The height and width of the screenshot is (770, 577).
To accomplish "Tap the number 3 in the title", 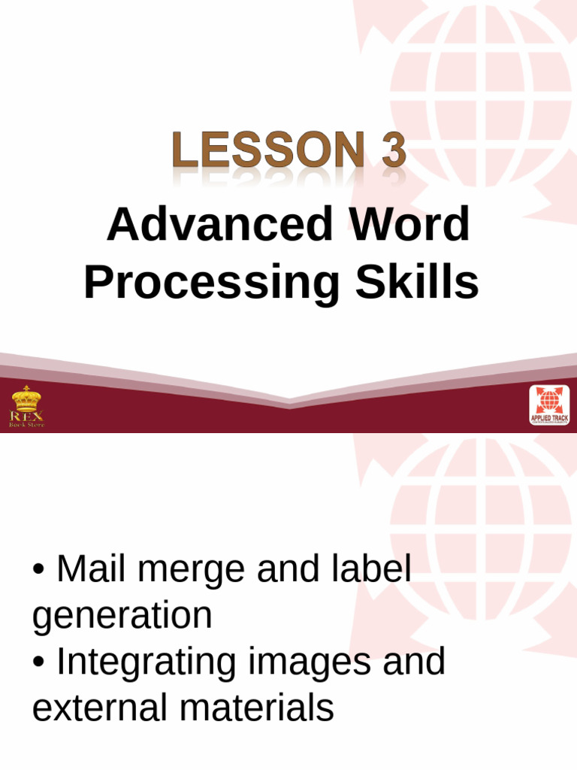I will pos(393,150).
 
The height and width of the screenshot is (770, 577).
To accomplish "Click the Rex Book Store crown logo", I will pos(26,407).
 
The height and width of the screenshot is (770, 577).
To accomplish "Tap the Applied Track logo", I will pos(549,405).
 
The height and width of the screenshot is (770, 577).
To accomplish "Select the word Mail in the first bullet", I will pos(93,570).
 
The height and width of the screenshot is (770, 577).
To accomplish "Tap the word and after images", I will pos(413,662).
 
